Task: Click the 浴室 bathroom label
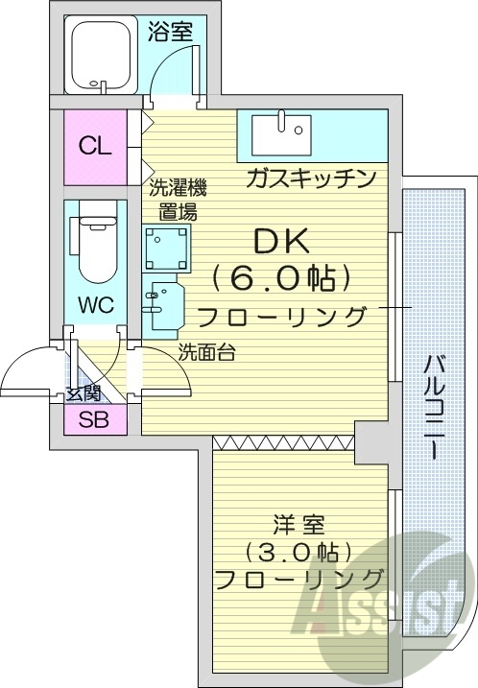171,30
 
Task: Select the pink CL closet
95,147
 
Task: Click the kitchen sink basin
281,130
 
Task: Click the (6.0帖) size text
275,278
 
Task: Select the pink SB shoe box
93,419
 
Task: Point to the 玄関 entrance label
84,391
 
